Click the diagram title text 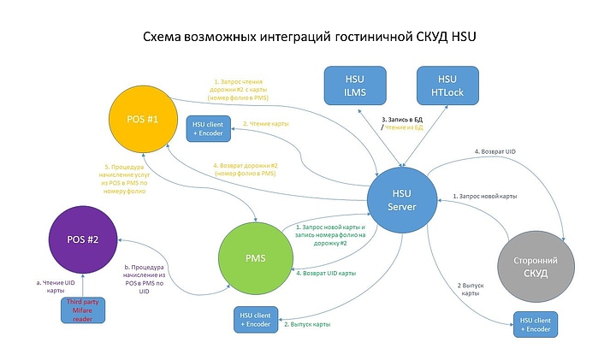[308, 38]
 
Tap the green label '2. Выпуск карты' [307, 325]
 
